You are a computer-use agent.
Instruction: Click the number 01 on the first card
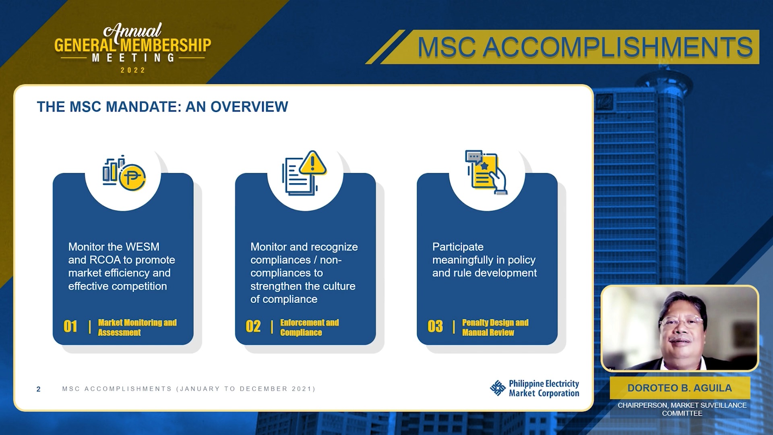(70, 326)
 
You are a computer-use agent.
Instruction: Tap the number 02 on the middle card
(253, 326)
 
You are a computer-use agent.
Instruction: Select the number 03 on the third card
(435, 326)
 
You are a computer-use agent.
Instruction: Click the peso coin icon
(132, 178)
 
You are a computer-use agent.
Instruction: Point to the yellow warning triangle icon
(312, 163)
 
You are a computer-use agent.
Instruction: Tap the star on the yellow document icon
(484, 166)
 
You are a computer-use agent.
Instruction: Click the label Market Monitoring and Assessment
(137, 327)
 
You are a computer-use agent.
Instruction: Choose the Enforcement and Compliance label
(310, 327)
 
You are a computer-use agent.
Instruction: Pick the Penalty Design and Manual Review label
(495, 327)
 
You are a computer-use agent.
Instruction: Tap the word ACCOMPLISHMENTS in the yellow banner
(618, 47)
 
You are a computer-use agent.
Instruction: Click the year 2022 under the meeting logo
(133, 70)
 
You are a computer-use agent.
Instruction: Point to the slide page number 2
(38, 389)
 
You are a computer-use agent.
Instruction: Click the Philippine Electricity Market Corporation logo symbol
(498, 388)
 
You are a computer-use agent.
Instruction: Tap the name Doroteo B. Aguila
(680, 388)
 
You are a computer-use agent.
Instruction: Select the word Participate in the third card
(458, 247)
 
